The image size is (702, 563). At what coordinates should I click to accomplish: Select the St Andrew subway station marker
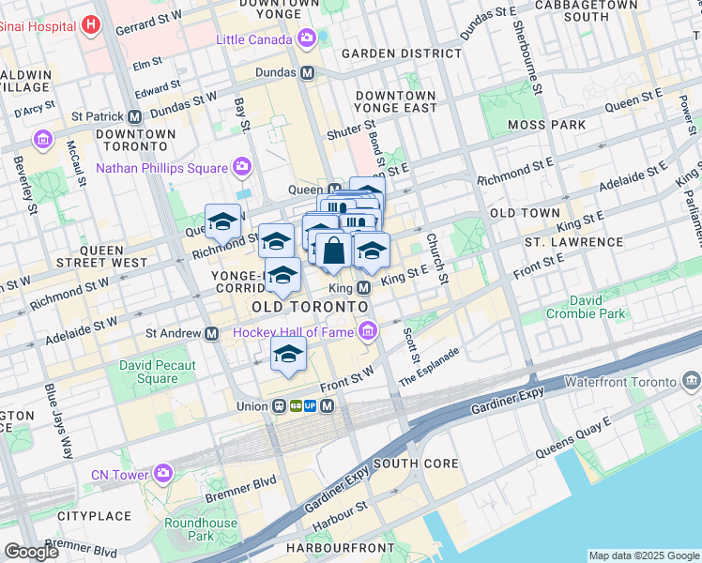(x=213, y=333)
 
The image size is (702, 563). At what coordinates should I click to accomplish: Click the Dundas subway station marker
(x=307, y=72)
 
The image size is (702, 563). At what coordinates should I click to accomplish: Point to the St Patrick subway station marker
(x=135, y=117)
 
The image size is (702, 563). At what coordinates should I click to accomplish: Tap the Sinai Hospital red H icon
(x=91, y=23)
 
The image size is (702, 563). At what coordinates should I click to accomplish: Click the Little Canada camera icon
(x=307, y=38)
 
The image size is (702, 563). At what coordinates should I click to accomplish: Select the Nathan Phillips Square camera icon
(x=242, y=167)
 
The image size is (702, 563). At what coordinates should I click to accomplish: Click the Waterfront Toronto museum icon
(x=692, y=381)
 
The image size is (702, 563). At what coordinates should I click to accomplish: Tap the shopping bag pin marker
(x=333, y=251)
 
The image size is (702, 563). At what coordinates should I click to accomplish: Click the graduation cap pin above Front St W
(x=288, y=355)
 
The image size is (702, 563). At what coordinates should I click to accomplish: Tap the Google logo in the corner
(x=32, y=552)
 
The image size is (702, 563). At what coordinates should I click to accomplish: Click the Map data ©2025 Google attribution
(x=644, y=555)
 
